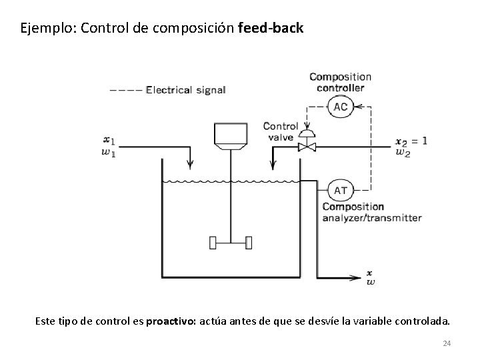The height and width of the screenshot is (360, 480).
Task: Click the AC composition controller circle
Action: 340,107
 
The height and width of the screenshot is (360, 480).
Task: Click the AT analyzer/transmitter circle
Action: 340,190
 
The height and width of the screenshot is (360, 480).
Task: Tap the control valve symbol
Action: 307,145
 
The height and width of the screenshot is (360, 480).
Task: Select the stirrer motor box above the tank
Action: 229,135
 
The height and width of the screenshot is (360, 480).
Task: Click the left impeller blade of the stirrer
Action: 213,242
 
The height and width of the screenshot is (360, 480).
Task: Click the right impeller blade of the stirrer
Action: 248,242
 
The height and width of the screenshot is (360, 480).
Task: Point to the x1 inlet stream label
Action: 108,140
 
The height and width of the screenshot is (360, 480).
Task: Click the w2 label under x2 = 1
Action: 403,153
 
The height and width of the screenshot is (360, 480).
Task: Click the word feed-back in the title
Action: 270,29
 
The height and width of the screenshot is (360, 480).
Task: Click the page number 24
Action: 447,343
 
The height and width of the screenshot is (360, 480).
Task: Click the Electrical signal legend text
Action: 185,89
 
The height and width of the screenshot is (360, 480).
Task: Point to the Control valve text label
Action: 280,131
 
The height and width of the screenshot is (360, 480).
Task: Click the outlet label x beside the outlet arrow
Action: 370,272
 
